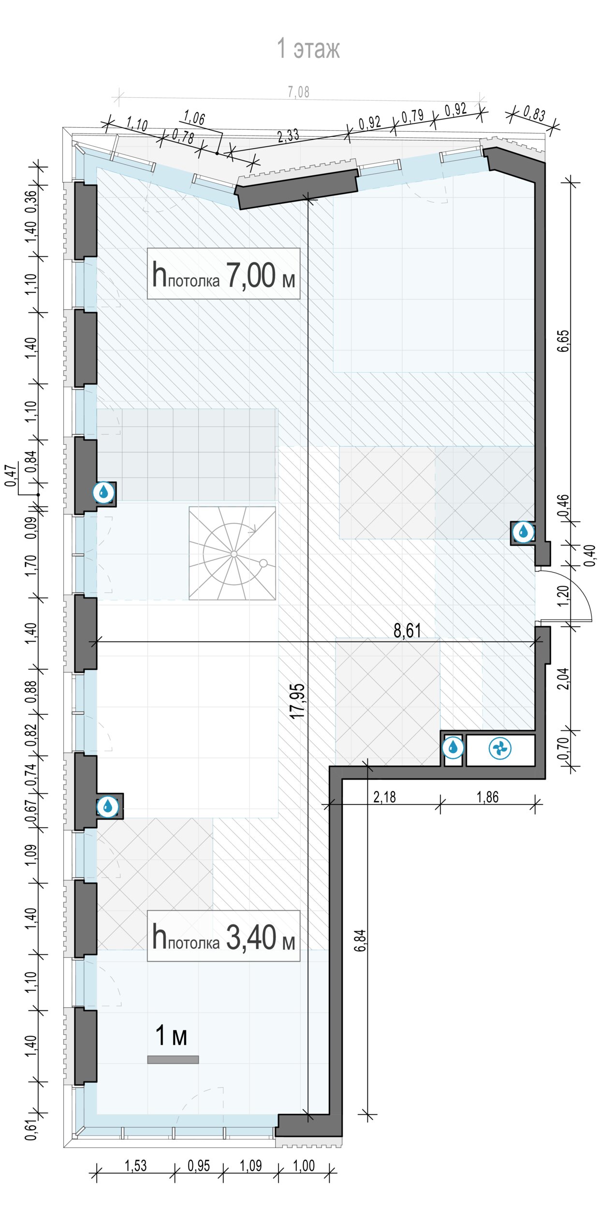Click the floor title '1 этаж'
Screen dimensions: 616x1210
pyautogui.click(x=308, y=48)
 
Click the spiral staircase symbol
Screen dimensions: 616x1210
pyautogui.click(x=233, y=553)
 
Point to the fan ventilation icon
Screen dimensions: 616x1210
pyautogui.click(x=500, y=749)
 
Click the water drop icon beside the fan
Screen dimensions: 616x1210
pyautogui.click(x=453, y=747)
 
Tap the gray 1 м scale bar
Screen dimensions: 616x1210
pyautogui.click(x=173, y=1059)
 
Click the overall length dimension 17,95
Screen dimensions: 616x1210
pyautogui.click(x=298, y=700)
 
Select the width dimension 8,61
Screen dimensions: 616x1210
pyautogui.click(x=407, y=631)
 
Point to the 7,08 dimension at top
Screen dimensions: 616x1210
pyautogui.click(x=298, y=91)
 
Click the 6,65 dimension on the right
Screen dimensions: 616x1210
pyautogui.click(x=564, y=341)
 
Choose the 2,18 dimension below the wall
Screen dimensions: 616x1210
pyautogui.click(x=384, y=797)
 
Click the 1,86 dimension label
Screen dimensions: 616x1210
pyautogui.click(x=487, y=797)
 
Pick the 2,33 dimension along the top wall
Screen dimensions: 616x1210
pyautogui.click(x=288, y=136)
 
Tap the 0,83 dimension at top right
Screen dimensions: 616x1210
pyautogui.click(x=534, y=114)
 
